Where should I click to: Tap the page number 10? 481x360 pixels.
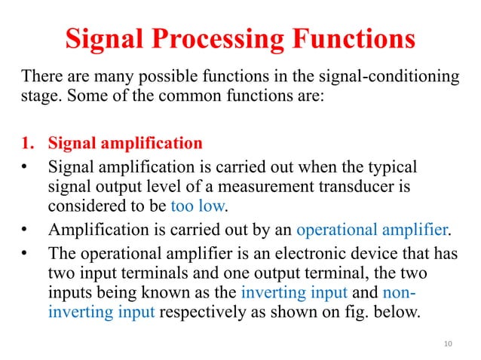click(x=449, y=343)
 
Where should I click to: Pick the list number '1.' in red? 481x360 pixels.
click(x=29, y=143)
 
